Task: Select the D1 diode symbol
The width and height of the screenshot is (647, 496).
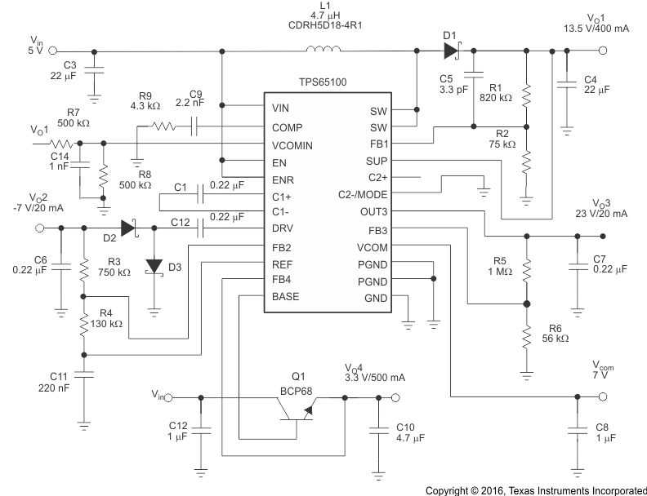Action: (x=450, y=51)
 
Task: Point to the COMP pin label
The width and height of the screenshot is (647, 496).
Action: (x=287, y=126)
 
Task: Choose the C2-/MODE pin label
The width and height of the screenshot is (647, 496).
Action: (x=363, y=194)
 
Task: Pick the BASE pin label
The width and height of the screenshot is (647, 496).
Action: (x=286, y=297)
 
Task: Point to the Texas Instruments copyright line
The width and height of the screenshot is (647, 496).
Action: (x=536, y=489)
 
